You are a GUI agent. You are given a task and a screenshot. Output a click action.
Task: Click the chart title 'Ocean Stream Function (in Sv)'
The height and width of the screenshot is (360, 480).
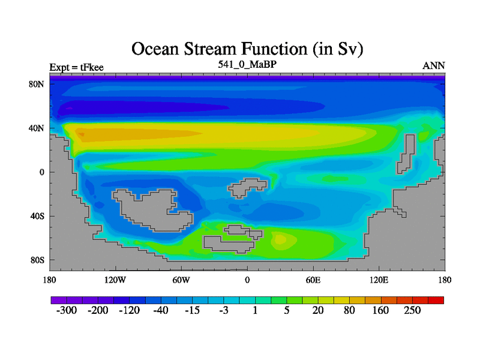click(247, 49)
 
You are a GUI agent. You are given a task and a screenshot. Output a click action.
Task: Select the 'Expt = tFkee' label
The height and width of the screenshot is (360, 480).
click(77, 67)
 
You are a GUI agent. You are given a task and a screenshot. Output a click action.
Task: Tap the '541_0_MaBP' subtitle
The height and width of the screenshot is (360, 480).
click(247, 64)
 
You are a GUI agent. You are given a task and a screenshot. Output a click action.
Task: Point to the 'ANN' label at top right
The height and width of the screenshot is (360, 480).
click(433, 66)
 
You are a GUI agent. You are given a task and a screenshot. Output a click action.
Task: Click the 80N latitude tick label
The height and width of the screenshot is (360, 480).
click(37, 84)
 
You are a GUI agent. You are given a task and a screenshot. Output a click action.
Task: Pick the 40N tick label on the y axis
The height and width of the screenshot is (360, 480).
click(37, 128)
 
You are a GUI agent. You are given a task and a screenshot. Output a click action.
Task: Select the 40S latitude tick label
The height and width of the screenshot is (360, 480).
click(37, 216)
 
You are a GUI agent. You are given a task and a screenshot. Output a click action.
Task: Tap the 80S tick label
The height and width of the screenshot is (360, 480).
click(37, 260)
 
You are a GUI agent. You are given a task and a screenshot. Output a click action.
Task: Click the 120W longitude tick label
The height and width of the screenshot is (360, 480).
click(115, 280)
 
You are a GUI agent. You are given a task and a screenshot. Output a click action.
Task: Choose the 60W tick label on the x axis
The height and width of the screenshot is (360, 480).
click(181, 280)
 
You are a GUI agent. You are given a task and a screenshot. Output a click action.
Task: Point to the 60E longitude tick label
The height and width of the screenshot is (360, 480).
click(313, 280)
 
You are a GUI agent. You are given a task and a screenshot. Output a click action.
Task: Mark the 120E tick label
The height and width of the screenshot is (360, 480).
click(379, 280)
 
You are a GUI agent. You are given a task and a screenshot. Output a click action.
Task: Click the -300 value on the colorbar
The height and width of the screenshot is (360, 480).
click(67, 310)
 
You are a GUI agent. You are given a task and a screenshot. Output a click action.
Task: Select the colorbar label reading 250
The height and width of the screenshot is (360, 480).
click(412, 310)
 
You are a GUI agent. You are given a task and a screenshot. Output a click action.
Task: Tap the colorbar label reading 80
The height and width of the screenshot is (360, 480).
click(349, 310)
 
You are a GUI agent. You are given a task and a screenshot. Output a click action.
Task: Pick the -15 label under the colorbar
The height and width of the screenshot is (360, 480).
click(192, 310)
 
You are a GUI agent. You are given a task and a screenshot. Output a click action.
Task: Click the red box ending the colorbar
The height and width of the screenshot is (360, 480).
click(436, 301)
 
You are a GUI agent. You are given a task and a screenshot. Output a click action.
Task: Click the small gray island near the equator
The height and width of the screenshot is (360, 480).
click(247, 188)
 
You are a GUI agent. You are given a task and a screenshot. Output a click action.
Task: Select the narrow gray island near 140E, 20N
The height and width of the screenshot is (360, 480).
click(406, 154)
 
